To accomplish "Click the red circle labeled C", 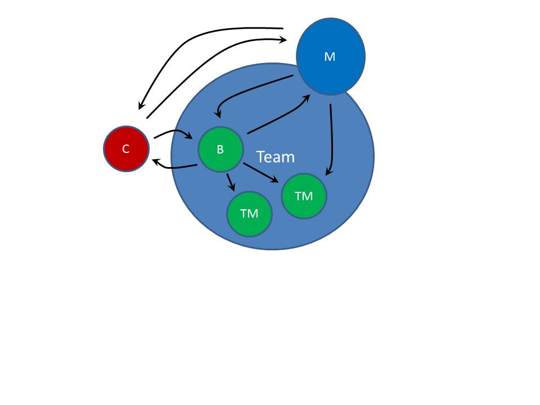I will coord(126,148).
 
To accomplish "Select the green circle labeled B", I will coord(220,149).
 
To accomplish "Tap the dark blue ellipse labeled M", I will coord(331,56).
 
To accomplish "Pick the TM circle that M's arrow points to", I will coord(304,196).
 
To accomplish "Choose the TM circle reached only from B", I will coord(249,214).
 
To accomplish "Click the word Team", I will coord(275,157).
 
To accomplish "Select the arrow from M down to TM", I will coord(332,141).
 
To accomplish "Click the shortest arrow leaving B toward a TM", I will coord(230,182).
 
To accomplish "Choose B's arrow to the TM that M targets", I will coord(260,172).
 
